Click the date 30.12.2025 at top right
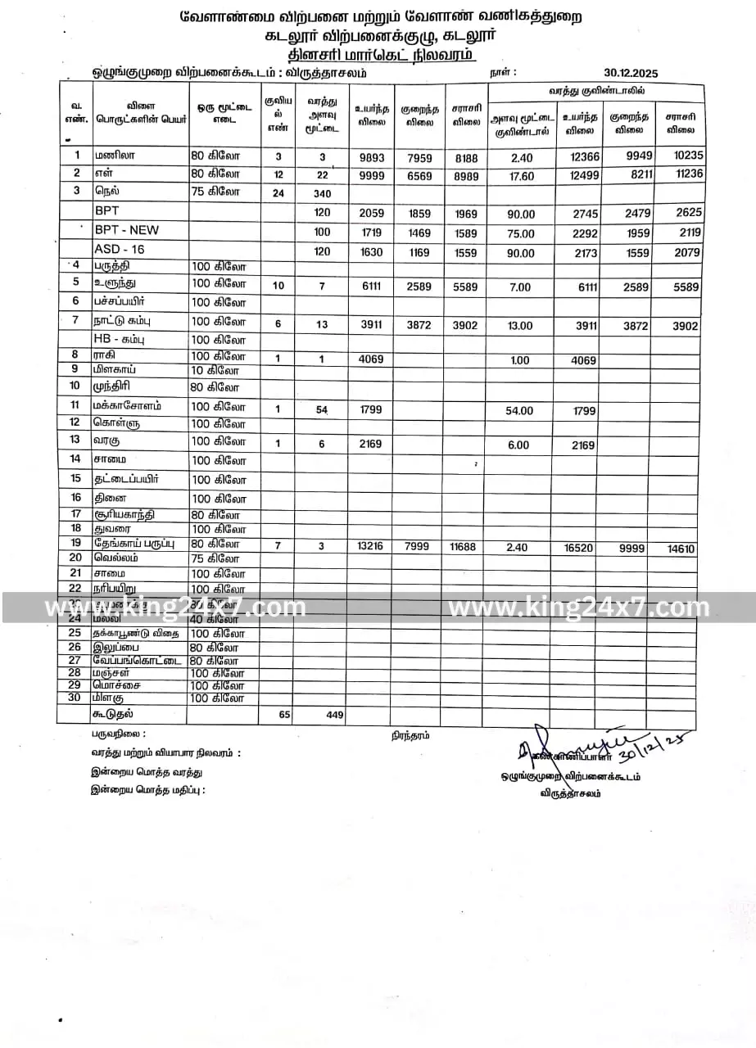631,73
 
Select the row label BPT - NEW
126,230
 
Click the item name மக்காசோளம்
126,405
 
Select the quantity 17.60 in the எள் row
522,175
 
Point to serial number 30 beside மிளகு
75,698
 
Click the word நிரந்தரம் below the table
410,735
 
